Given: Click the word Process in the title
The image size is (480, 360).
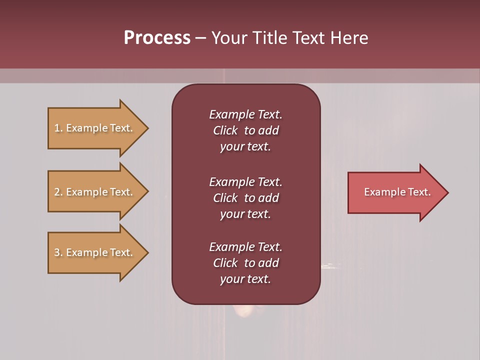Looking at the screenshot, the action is (x=157, y=38).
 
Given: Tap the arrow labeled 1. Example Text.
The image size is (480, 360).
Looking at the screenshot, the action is (x=95, y=128).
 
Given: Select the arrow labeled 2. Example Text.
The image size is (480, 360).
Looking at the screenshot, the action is (x=95, y=192).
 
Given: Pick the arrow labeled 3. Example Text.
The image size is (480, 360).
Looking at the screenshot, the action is (x=95, y=252).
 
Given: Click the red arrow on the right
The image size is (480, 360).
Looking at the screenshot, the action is (x=395, y=192).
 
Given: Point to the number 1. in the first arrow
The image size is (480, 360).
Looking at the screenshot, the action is (x=58, y=128).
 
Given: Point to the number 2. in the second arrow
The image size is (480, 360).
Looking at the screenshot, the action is (x=58, y=192).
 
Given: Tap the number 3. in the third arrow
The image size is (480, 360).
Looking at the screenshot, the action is (x=58, y=252).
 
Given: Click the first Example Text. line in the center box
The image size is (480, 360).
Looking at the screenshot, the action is (x=245, y=114).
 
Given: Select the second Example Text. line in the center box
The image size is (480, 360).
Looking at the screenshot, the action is (x=245, y=182).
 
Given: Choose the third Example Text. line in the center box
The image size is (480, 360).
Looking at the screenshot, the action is (x=245, y=247).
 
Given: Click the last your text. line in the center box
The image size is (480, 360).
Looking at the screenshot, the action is (x=245, y=279).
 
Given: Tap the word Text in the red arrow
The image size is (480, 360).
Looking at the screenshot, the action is (x=418, y=192).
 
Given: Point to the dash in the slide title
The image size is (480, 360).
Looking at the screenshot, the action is (x=201, y=38).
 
